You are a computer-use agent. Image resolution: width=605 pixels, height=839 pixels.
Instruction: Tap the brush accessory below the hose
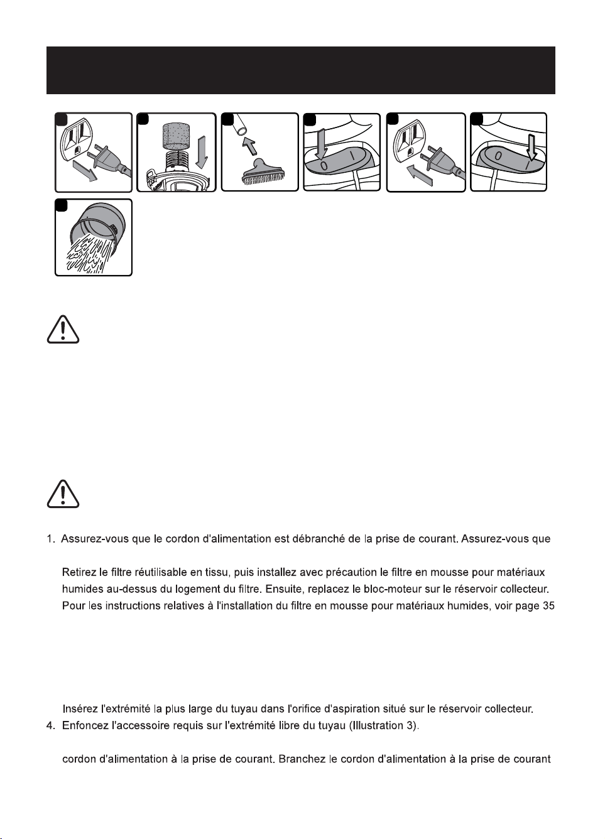pyautogui.click(x=263, y=171)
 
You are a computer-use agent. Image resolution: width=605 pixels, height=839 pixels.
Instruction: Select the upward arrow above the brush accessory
pyautogui.click(x=251, y=145)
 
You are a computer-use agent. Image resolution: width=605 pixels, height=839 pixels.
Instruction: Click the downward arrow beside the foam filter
pyautogui.click(x=202, y=153)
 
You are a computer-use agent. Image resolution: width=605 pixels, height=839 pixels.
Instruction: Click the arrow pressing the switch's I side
pyautogui.click(x=531, y=146)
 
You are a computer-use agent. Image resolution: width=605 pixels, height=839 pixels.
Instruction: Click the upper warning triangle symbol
pyautogui.click(x=63, y=330)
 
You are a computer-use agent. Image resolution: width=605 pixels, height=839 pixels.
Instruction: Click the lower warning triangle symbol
pyautogui.click(x=63, y=494)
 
